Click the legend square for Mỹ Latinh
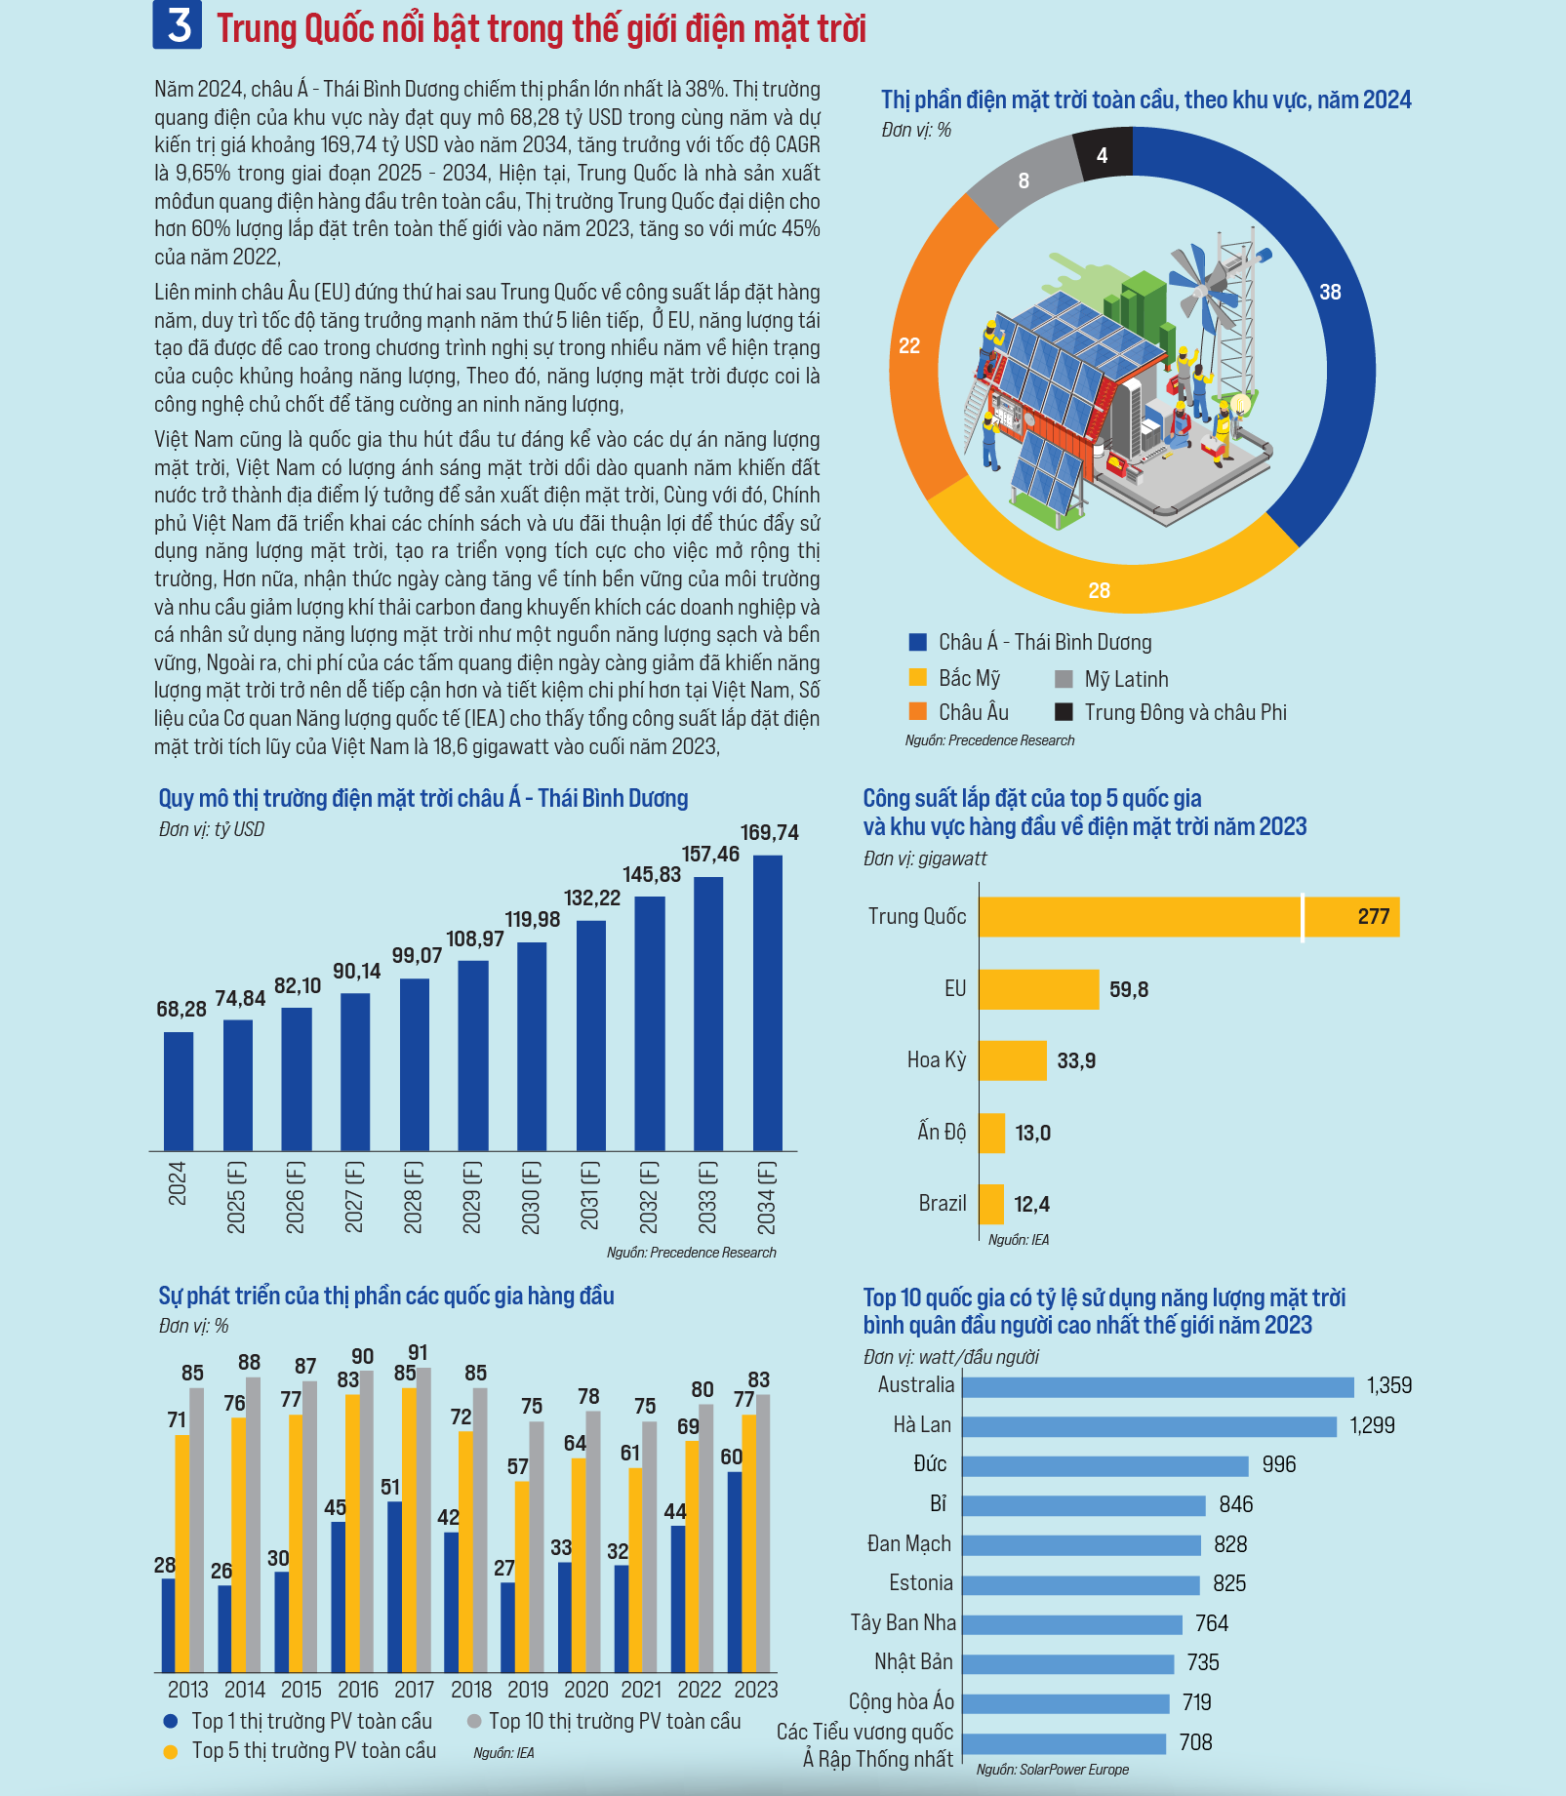(1064, 679)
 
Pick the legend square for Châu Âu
(917, 711)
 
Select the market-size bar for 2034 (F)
(768, 1003)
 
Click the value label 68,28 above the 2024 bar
(181, 1009)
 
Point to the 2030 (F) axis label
(531, 1197)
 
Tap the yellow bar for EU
(1039, 989)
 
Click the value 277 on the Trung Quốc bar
(1373, 916)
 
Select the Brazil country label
(942, 1203)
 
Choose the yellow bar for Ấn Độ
(992, 1133)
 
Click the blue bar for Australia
(1158, 1386)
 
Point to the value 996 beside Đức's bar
(1278, 1464)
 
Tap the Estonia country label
(921, 1582)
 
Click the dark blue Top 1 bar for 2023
(735, 1572)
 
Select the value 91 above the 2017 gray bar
(418, 1352)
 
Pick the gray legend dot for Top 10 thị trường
(474, 1721)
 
